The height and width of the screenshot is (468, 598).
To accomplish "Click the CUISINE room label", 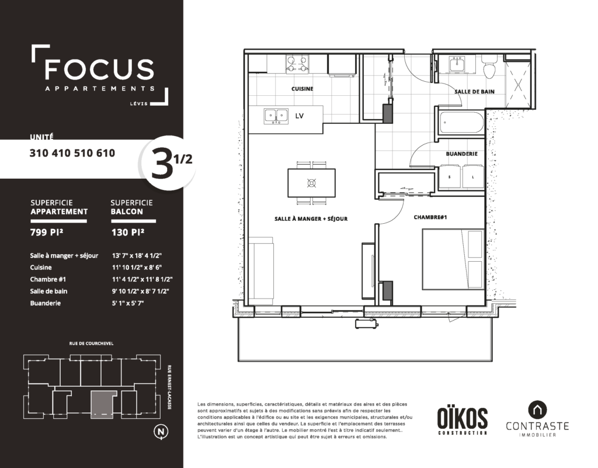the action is (302, 89).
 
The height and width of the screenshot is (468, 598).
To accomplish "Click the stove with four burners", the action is (297, 64).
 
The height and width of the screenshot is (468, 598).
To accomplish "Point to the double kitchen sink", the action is (276, 116).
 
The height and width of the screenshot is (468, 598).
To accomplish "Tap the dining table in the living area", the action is (312, 183).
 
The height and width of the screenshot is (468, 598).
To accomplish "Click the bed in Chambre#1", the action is (453, 259).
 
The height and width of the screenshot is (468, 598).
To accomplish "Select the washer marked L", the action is (473, 176).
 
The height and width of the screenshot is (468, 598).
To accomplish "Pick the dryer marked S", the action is (450, 176).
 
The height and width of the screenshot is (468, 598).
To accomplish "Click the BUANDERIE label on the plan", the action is (461, 154).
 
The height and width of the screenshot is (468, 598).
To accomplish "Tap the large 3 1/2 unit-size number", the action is (171, 162).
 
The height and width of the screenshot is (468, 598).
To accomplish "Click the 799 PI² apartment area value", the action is (47, 232).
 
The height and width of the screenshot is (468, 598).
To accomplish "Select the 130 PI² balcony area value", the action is (128, 232).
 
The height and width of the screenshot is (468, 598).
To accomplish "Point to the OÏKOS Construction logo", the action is (463, 421).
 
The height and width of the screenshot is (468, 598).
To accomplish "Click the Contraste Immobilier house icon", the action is (537, 410).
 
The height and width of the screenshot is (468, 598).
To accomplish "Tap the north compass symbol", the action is (161, 431).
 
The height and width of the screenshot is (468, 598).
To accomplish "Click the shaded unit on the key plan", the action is (103, 405).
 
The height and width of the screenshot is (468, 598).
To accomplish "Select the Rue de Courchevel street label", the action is (91, 344).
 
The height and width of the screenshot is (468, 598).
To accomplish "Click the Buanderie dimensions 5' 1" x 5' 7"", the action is (128, 303).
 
